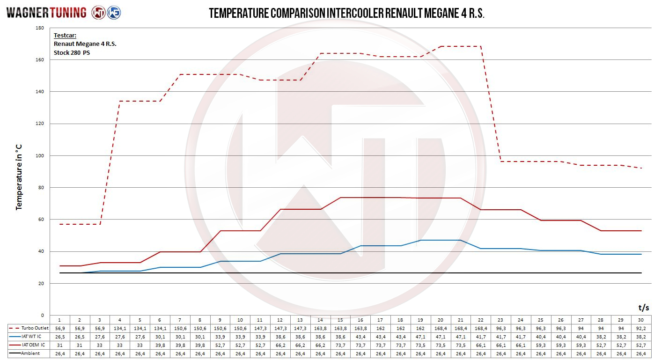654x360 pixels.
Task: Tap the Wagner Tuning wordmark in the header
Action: pos(46,13)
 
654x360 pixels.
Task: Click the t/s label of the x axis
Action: pos(643,308)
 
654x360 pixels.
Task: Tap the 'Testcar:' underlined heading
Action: pos(65,35)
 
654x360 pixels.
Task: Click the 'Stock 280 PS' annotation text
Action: pos(72,53)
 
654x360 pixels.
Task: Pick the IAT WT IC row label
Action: pos(29,337)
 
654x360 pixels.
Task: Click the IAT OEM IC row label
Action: pos(29,345)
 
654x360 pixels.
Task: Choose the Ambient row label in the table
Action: pos(29,353)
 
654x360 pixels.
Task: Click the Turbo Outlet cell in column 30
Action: pos(641,328)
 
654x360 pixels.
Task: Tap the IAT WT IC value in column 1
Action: pos(59,337)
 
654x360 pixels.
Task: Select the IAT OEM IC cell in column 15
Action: pos(340,345)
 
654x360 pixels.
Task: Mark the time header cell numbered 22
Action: pos(480,320)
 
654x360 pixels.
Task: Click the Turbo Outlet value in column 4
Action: pos(120,328)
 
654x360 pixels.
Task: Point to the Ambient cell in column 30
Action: pos(641,353)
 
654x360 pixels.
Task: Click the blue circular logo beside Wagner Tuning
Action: pos(114,13)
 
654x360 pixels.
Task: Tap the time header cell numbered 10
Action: pos(240,320)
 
